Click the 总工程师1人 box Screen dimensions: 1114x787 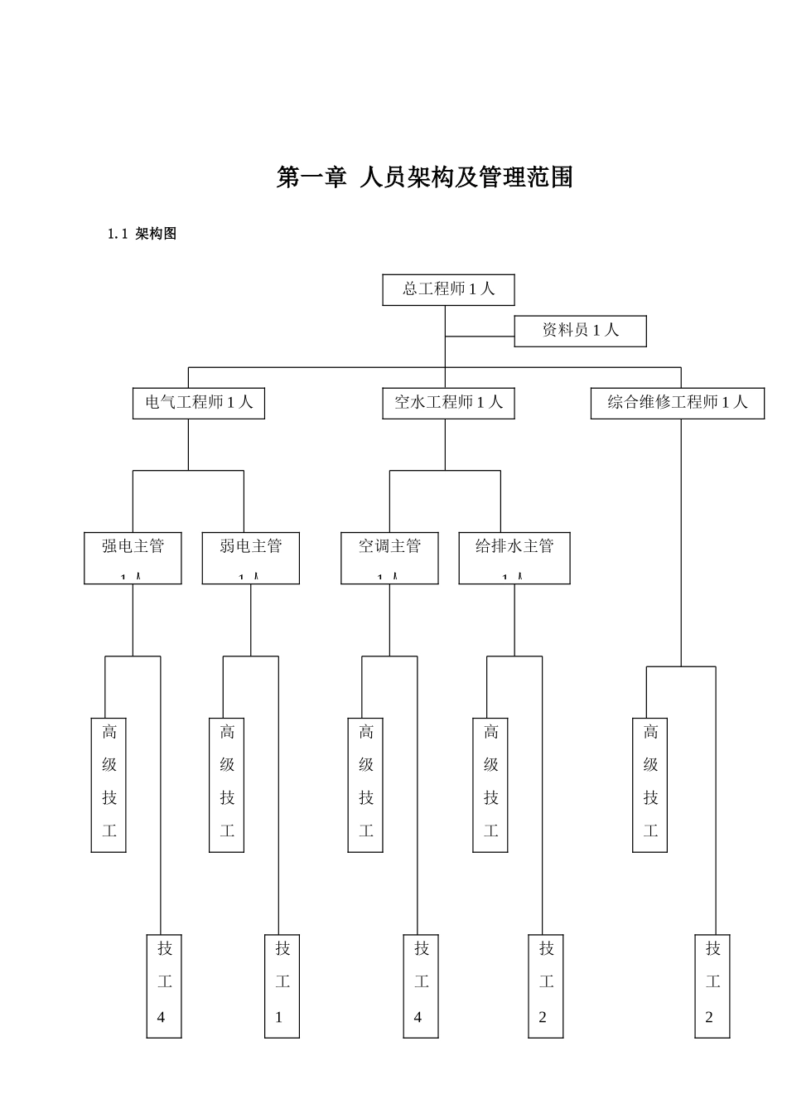pyautogui.click(x=448, y=289)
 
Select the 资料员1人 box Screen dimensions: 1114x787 pyautogui.click(x=580, y=331)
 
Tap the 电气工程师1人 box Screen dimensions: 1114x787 pyautogui.click(x=199, y=403)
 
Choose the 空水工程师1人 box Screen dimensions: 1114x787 pyautogui.click(x=448, y=403)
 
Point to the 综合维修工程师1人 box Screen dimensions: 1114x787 pyautogui.click(x=677, y=403)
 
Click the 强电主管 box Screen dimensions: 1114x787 pyautogui.click(x=133, y=558)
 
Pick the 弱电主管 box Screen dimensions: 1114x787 pyautogui.click(x=250, y=558)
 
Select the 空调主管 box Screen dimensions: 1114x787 pyautogui.click(x=389, y=558)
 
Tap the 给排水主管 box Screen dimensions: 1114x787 pyautogui.click(x=514, y=558)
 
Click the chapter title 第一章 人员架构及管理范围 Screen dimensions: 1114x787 pyautogui.click(x=424, y=177)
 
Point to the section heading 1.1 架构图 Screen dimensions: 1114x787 pyautogui.click(x=142, y=234)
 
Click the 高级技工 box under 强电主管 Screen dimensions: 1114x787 pyautogui.click(x=109, y=784)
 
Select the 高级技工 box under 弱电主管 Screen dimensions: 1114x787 pyautogui.click(x=226, y=784)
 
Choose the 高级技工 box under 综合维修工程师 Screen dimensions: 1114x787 pyautogui.click(x=649, y=784)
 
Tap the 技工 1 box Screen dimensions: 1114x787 pyautogui.click(x=282, y=986)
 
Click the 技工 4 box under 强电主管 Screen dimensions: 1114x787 pyautogui.click(x=164, y=986)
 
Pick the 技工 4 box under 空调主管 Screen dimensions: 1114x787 pyautogui.click(x=421, y=986)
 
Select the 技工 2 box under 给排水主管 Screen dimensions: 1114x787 pyautogui.click(x=546, y=986)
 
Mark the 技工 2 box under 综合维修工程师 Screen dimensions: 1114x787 pyautogui.click(x=712, y=986)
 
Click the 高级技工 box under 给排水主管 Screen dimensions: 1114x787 pyautogui.click(x=490, y=784)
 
